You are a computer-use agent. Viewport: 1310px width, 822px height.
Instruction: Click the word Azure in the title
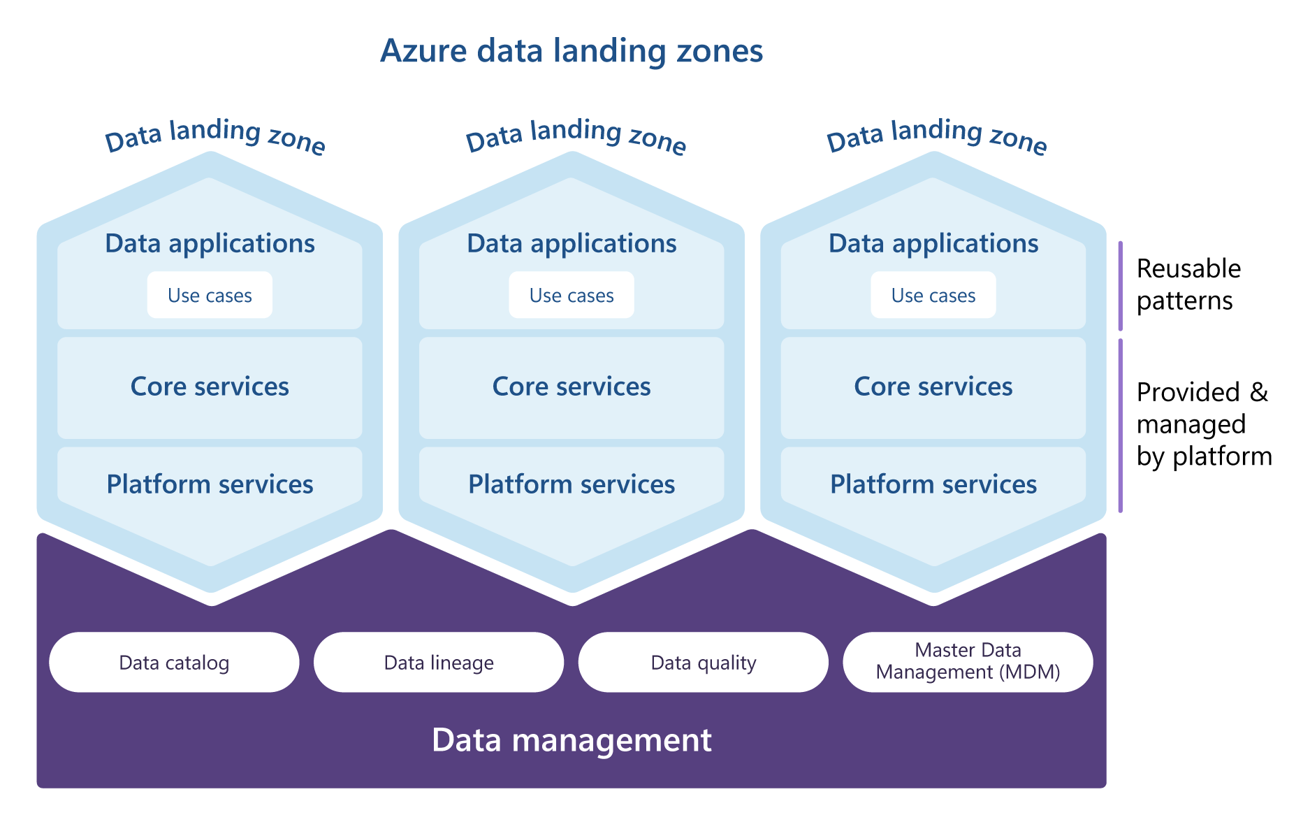[423, 51]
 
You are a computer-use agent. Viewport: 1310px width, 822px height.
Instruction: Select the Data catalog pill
[174, 663]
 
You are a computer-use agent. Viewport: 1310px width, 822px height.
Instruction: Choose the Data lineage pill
[439, 663]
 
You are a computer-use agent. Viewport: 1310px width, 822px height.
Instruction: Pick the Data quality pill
[704, 663]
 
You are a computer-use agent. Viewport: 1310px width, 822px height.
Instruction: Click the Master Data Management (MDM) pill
[968, 661]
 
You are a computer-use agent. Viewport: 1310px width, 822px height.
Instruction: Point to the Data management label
[572, 740]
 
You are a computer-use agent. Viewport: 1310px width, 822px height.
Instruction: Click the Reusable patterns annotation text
[1188, 284]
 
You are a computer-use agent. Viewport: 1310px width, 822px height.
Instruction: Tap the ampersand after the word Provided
[1259, 392]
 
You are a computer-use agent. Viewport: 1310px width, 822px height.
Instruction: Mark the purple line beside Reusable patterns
[1121, 286]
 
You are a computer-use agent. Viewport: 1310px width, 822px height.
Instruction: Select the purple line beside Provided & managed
[1121, 426]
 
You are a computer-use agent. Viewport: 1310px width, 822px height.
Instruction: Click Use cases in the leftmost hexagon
[210, 296]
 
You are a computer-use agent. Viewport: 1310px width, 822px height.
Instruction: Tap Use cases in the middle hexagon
[572, 296]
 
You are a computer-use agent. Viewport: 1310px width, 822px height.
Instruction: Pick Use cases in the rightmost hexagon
[933, 296]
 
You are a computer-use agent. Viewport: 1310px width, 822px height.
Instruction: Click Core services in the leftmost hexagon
[210, 387]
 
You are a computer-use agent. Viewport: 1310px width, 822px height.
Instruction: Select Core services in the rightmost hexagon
[933, 387]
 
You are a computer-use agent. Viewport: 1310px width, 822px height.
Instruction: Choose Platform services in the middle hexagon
[572, 484]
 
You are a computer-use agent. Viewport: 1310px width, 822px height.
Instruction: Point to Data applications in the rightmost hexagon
[933, 243]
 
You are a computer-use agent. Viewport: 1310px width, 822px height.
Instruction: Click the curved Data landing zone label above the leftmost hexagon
[214, 134]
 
